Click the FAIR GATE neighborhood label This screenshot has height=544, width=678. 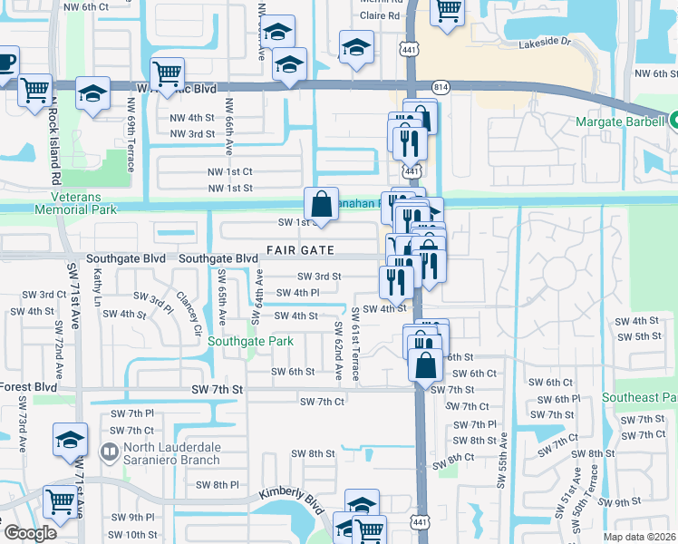tap(300, 249)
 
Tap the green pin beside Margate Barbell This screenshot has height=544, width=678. tap(673, 119)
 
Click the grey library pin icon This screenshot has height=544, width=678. tap(110, 451)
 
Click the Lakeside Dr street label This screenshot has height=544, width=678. tap(545, 43)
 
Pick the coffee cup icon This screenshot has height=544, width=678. tap(5, 62)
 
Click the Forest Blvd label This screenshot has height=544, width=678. tap(29, 386)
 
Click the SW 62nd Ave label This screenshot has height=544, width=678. tap(338, 339)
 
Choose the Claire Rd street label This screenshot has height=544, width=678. tap(380, 16)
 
